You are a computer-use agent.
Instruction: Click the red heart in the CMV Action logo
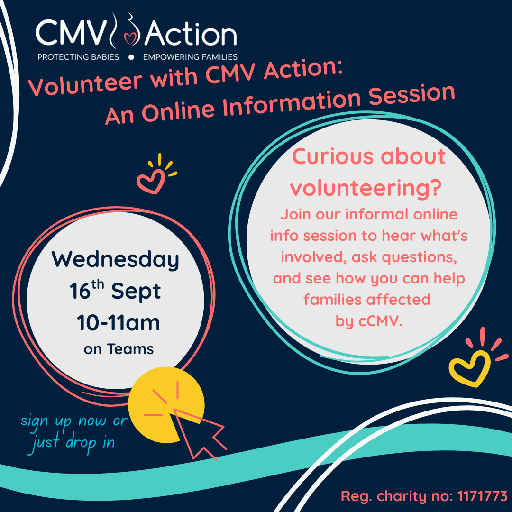click(x=131, y=38)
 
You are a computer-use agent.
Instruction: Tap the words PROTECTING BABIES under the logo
click(x=78, y=57)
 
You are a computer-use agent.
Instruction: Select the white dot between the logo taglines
click(x=131, y=57)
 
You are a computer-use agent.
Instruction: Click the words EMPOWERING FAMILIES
click(x=190, y=57)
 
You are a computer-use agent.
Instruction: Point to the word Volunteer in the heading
click(x=85, y=84)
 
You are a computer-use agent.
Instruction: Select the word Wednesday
click(x=115, y=260)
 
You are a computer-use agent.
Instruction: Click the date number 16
click(x=80, y=291)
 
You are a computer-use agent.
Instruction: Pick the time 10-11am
click(x=118, y=323)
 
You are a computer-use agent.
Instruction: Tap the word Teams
click(x=130, y=349)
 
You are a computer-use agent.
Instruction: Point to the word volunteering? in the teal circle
click(x=366, y=188)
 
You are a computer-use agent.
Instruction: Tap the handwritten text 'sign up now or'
click(x=74, y=421)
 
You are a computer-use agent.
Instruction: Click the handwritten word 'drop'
click(x=81, y=443)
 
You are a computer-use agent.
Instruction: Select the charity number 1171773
click(x=482, y=496)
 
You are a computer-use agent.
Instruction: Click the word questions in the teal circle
click(x=419, y=258)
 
